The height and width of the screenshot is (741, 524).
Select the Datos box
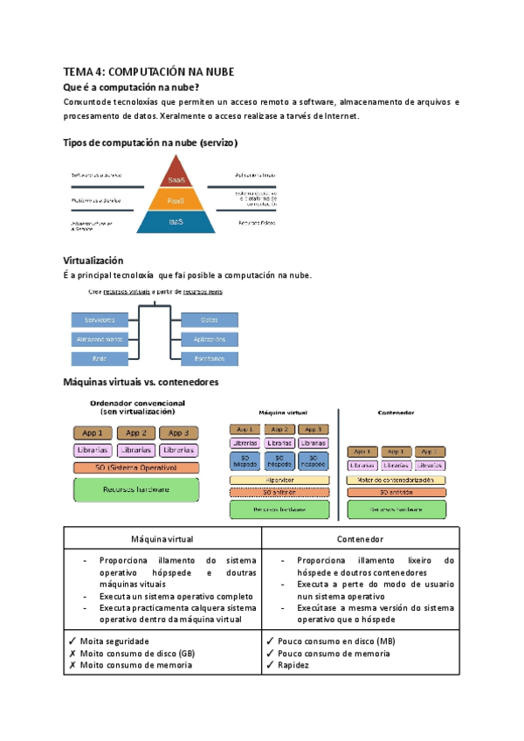(210, 319)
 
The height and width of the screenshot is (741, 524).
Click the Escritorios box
(210, 358)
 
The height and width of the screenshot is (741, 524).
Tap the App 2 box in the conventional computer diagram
(135, 433)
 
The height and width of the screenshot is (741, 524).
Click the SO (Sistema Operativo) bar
(135, 467)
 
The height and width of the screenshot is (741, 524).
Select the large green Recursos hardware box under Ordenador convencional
(135, 489)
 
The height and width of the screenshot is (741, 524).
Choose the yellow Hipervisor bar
(279, 480)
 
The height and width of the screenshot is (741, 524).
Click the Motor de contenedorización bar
(396, 480)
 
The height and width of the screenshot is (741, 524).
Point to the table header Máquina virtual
(162, 539)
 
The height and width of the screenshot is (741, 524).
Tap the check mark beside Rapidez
(270, 665)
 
